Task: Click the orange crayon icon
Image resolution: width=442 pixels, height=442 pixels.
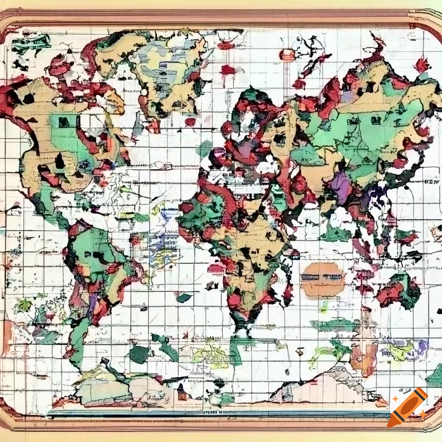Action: pos(407,407)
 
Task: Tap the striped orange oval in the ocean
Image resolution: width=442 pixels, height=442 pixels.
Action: pos(322,280)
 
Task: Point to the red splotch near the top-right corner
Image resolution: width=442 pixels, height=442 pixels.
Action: pos(422,65)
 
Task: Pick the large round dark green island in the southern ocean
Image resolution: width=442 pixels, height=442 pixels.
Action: pos(139,354)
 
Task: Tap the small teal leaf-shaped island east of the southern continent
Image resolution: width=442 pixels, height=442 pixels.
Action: pos(184,297)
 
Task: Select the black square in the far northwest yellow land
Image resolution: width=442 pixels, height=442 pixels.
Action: pos(28,98)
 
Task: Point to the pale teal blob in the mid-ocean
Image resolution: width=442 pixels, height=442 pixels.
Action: pos(203,149)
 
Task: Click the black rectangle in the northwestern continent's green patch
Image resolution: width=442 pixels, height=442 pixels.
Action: pos(64,123)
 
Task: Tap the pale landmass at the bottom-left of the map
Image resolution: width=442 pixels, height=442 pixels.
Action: pos(104,388)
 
